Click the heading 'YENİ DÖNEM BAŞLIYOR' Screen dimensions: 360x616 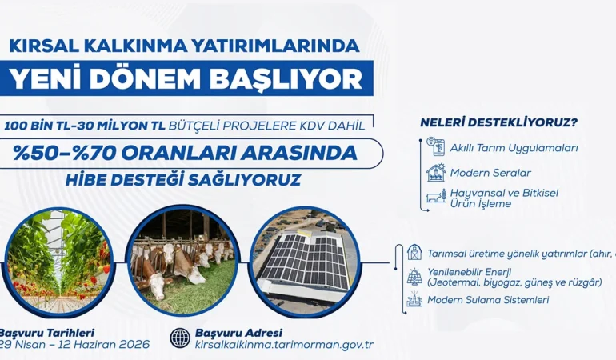pos(185,78)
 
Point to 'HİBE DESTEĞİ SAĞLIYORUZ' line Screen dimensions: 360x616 pos(184,179)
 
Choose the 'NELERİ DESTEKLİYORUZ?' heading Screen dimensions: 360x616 pos(499,122)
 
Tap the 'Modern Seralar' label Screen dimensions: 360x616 pos(490,172)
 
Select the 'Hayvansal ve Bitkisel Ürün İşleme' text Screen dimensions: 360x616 pos(504,198)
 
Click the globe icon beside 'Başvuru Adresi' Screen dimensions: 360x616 pos(180,338)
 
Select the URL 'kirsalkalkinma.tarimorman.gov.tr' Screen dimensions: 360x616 pos(284,345)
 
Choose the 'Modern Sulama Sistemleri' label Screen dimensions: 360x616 pos(488,300)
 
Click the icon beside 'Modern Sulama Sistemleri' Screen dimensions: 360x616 pos(414,300)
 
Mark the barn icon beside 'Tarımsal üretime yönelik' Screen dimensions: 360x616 pos(414,253)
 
